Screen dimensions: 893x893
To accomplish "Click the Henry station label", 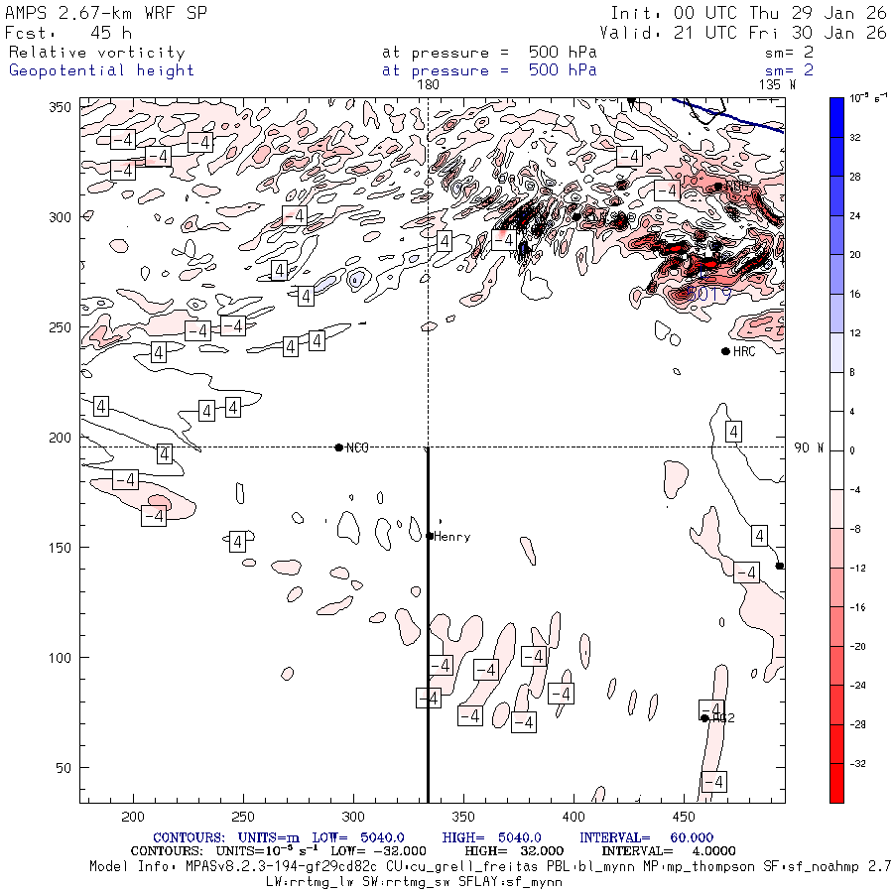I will pyautogui.click(x=451, y=537).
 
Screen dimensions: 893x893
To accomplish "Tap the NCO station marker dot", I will pyautogui.click(x=339, y=447).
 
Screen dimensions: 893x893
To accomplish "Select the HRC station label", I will pyautogui.click(x=744, y=351).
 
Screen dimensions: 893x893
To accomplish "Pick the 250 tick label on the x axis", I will pyautogui.click(x=242, y=817).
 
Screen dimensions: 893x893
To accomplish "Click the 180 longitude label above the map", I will pyautogui.click(x=429, y=85).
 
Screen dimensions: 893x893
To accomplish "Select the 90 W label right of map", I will pyautogui.click(x=809, y=447).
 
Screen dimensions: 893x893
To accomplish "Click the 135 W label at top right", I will pyautogui.click(x=777, y=85).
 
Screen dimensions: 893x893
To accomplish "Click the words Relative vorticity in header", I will pyautogui.click(x=96, y=53).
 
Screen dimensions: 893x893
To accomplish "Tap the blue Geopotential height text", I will pyautogui.click(x=101, y=70).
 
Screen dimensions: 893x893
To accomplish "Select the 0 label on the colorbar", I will pyautogui.click(x=854, y=450).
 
